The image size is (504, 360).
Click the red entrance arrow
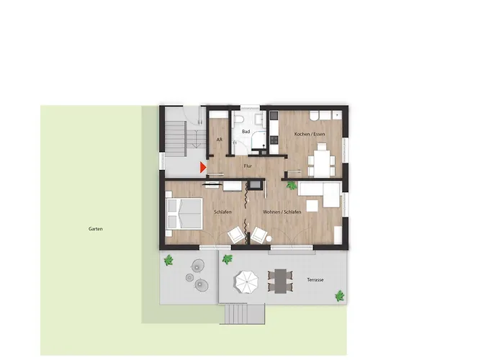pos(202,168)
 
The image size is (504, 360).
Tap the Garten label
pos(96,229)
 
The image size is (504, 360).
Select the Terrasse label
pos(315,280)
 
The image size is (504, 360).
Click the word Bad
pos(246,132)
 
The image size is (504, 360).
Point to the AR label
pos(219,140)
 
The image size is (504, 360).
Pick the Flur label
pos(248,166)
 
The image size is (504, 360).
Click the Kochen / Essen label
pos(310,134)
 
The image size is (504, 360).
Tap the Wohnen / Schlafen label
pos(282,212)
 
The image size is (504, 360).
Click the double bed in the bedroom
pos(184,214)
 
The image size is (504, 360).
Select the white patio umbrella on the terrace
pos(247,282)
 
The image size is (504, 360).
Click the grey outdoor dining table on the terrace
pos(280,282)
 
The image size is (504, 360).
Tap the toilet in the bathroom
pos(238,120)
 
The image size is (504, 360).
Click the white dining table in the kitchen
pos(322,164)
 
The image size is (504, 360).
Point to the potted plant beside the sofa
pos(292,185)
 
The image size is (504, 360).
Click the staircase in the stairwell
pos(176,139)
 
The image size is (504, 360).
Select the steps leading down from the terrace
pos(245,315)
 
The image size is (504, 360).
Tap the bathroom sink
pos(259,120)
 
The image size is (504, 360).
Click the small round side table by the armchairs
pos(269,239)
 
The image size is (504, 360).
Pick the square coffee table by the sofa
pos(312,206)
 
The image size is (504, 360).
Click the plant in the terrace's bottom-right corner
pos(340,296)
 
